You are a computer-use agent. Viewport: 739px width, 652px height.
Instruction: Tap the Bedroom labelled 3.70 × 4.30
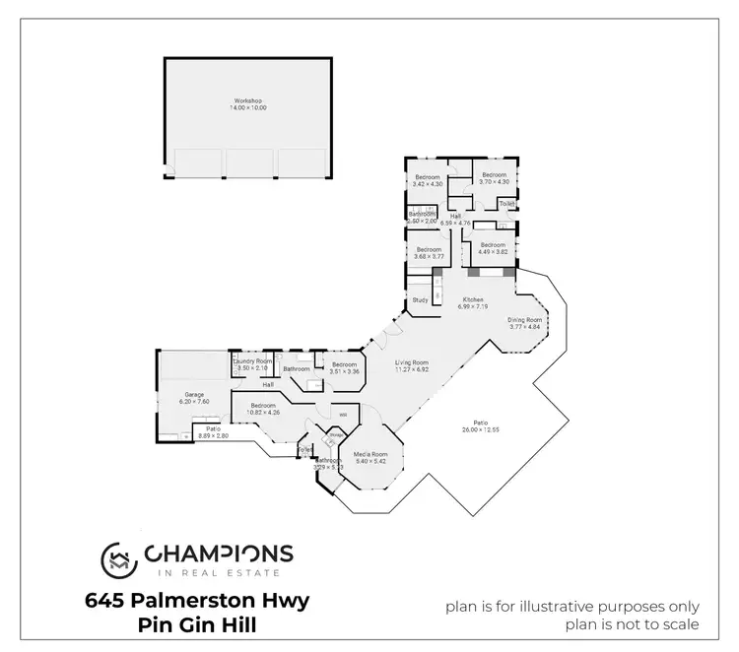(494, 178)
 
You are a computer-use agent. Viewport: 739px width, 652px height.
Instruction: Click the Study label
(420, 299)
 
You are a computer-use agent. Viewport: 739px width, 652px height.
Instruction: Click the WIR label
(344, 414)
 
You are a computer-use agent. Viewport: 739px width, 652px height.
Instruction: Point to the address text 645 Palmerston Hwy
(196, 600)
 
